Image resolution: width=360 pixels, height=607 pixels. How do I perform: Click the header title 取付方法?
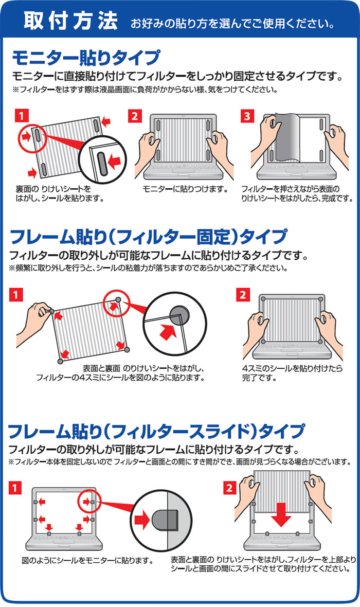[70, 21]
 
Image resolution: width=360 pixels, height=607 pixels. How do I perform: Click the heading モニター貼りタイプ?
[86, 58]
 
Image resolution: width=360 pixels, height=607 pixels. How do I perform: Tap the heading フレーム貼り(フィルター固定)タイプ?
[149, 237]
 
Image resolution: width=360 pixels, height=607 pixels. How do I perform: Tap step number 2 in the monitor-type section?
[135, 116]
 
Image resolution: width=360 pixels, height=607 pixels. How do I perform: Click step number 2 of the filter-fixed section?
[242, 295]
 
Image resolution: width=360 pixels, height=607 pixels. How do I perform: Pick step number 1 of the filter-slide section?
[15, 488]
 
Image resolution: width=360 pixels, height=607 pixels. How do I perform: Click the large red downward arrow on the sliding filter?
[281, 515]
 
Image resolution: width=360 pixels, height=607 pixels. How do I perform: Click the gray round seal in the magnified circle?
[179, 314]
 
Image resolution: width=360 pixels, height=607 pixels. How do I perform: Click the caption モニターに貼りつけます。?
[186, 189]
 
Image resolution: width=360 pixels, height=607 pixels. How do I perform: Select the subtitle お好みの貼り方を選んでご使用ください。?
[233, 24]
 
